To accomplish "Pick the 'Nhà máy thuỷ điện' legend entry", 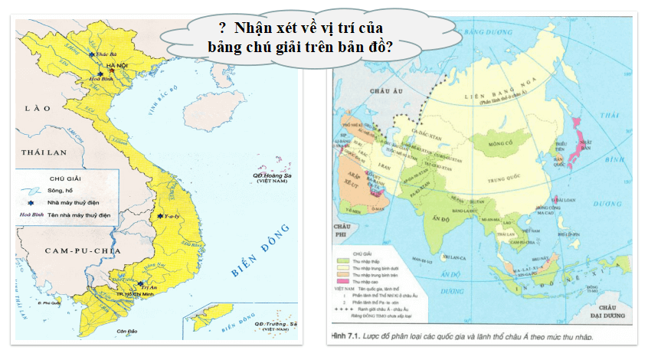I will (70, 203).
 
